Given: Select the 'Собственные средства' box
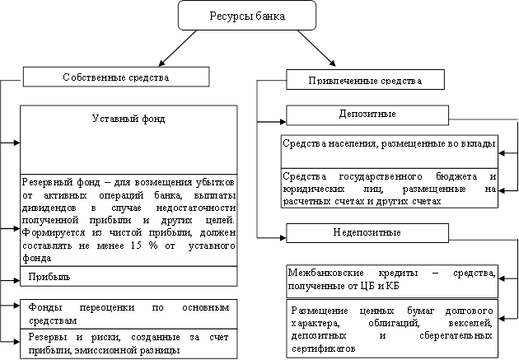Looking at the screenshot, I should (115, 77).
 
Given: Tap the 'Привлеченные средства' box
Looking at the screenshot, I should (365, 81).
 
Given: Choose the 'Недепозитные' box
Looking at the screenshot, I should (367, 232).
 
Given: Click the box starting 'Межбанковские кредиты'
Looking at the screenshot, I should (390, 278).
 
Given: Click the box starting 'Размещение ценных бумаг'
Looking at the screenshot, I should (392, 330).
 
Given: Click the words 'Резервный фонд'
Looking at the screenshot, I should (57, 180).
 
